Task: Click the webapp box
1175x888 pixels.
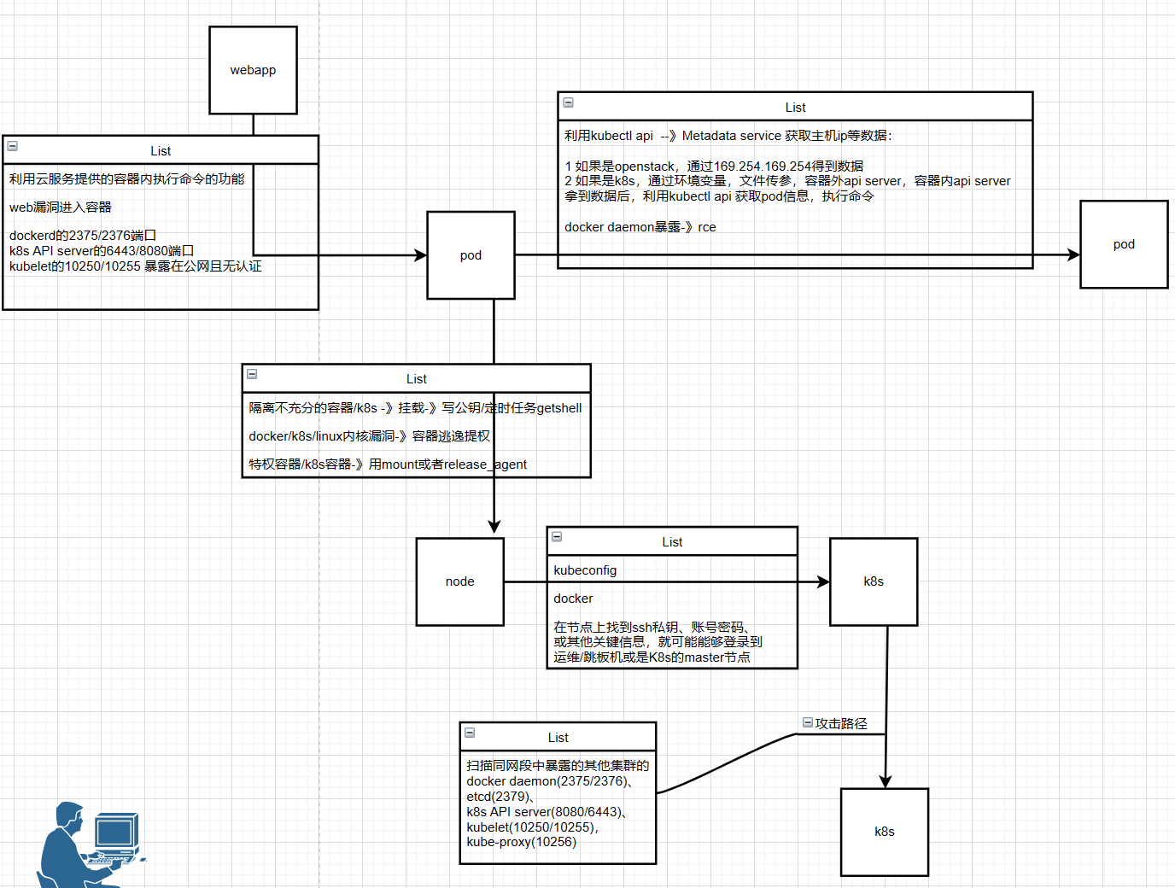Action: point(253,70)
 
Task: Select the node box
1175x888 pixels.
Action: point(459,581)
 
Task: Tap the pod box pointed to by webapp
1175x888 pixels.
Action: point(471,255)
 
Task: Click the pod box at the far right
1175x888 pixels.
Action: point(1124,244)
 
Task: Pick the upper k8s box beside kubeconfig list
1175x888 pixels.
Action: point(874,581)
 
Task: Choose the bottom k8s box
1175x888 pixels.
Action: point(885,832)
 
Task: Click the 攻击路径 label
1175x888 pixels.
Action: point(841,723)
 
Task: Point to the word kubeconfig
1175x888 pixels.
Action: point(585,570)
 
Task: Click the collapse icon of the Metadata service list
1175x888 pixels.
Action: point(569,102)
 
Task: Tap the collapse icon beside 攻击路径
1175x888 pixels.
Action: point(808,722)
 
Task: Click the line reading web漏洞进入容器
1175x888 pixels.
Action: point(61,207)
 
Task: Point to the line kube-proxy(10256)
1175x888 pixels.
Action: point(521,842)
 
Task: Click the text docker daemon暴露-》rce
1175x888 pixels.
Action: point(640,227)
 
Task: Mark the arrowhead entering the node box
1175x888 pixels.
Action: point(494,528)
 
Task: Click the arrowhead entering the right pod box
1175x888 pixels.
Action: point(1073,254)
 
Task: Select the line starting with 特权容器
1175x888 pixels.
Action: point(388,464)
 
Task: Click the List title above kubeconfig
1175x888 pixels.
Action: point(672,542)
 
